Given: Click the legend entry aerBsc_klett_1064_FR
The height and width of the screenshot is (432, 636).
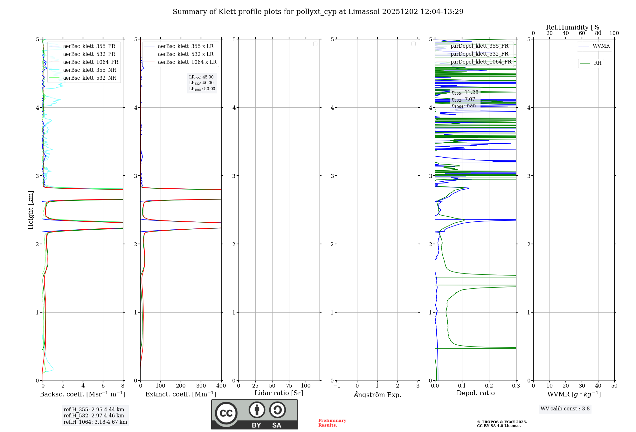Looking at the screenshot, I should pos(91,62).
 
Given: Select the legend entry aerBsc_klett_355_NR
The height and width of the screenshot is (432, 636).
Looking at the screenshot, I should pos(90,70).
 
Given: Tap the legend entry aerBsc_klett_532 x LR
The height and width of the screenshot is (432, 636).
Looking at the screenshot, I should pos(186,54).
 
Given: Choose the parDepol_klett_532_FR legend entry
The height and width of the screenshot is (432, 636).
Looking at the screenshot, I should pos(479,54).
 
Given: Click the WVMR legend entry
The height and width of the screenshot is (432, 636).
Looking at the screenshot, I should pos(601,46).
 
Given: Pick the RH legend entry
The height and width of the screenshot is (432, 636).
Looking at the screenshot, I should pos(598,63).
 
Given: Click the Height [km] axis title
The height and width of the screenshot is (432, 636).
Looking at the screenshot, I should pos(31,210).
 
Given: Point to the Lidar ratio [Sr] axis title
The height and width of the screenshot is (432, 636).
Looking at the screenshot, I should pos(279,393).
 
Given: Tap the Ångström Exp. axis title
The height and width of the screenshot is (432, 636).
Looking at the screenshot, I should pos(377,395).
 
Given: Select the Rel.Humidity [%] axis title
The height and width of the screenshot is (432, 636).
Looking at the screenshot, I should pos(574,27).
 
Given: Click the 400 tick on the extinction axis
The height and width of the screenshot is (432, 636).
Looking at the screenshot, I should pos(221,386).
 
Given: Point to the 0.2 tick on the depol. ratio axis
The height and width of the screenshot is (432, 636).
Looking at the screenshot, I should pos(489,386).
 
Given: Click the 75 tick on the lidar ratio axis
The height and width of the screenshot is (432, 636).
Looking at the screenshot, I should pos(289,386).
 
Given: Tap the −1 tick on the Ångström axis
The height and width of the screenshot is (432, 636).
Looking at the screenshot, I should pos(337,386).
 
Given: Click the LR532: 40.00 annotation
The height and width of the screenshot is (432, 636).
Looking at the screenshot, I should pos(202,83).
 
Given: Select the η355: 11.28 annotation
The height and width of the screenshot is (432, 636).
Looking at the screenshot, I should pos(465,92).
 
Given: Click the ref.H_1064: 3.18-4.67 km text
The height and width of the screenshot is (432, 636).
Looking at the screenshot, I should pos(95,422).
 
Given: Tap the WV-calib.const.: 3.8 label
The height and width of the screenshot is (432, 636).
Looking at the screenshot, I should pos(565,409).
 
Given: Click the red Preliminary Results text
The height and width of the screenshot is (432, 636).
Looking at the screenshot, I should pos(332,423).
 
